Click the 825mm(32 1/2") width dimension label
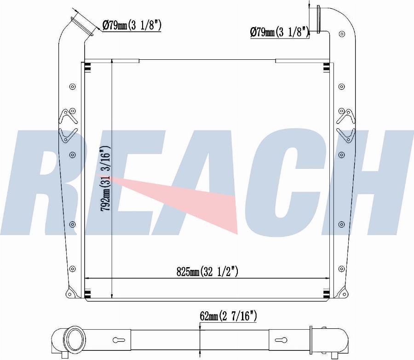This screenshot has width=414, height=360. coord(207,271)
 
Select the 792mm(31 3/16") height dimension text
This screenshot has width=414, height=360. coord(105,178)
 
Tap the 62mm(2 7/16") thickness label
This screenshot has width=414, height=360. coord(228,316)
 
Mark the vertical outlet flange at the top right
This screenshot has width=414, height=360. coord(318,19)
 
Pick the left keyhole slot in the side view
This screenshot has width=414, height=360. coord(119,340)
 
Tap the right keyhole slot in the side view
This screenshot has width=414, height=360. coord(281,340)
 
